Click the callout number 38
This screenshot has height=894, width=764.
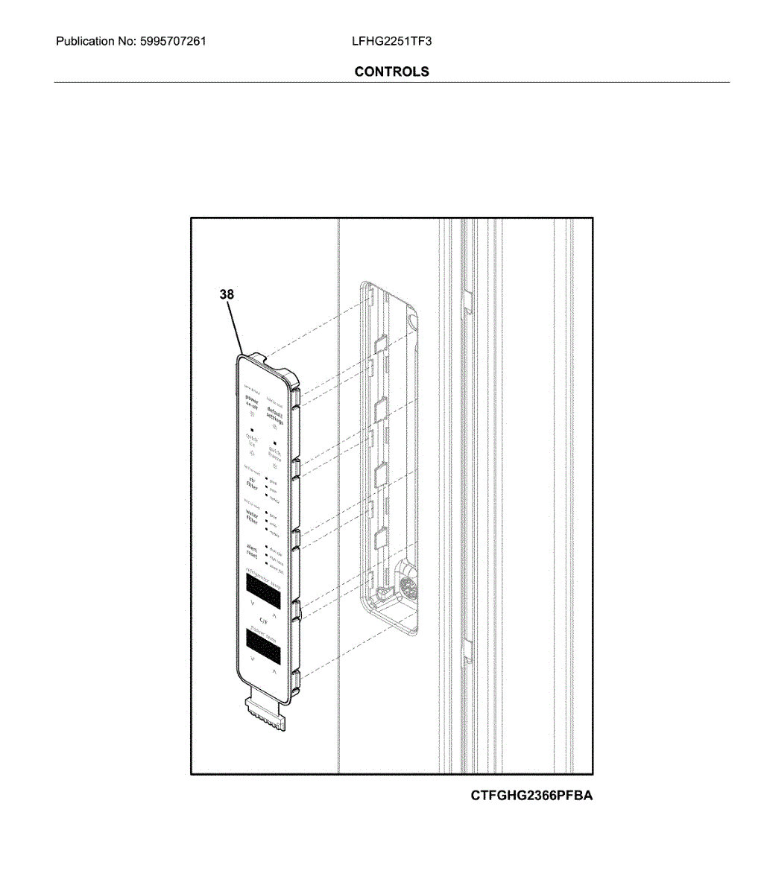pyautogui.click(x=227, y=295)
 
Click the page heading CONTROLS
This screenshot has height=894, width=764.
pyautogui.click(x=391, y=72)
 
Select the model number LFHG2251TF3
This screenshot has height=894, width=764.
pyautogui.click(x=391, y=41)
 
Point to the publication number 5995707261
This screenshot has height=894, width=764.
pyautogui.click(x=172, y=41)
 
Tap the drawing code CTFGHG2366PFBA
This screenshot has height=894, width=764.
pyautogui.click(x=531, y=796)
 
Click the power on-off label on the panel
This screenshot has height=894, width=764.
pyautogui.click(x=253, y=402)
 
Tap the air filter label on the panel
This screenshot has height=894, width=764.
pyautogui.click(x=253, y=483)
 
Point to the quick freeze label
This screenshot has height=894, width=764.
pyautogui.click(x=275, y=454)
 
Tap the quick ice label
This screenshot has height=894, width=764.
pyautogui.click(x=253, y=440)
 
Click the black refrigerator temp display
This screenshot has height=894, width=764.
pyautogui.click(x=262, y=590)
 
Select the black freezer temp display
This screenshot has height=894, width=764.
pyautogui.click(x=262, y=647)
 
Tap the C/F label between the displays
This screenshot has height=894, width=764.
pyautogui.click(x=263, y=620)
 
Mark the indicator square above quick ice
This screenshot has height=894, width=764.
pyautogui.click(x=253, y=430)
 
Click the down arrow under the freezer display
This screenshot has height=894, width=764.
pyautogui.click(x=253, y=660)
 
